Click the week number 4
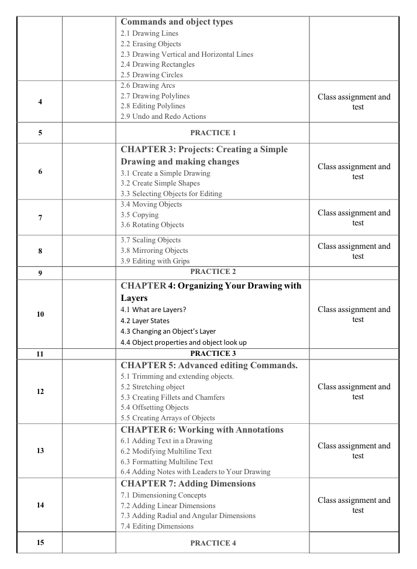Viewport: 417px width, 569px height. pyautogui.click(x=40, y=102)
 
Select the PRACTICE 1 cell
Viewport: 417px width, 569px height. pyautogui.click(x=212, y=133)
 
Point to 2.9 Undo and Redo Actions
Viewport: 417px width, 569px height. pyautogui.click(x=153, y=116)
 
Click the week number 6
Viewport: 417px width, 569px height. pyautogui.click(x=40, y=172)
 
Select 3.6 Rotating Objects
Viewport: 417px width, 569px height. pyautogui.click(x=152, y=225)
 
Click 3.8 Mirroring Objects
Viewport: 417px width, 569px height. pyautogui.click(x=154, y=251)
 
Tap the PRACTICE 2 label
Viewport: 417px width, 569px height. pyautogui.click(x=212, y=272)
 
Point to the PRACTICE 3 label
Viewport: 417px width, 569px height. pyautogui.click(x=212, y=353)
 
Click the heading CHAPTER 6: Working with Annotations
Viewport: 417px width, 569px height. pyautogui.click(x=202, y=430)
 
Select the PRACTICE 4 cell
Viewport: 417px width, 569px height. pyautogui.click(x=212, y=543)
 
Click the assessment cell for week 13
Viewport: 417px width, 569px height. pyautogui.click(x=354, y=451)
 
